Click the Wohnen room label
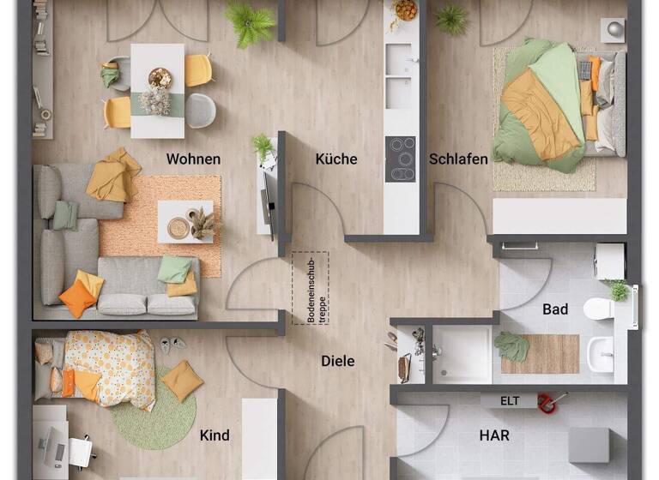click(193, 159)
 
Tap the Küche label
click(336, 159)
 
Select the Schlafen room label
click(458, 159)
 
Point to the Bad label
click(555, 309)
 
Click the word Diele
click(337, 361)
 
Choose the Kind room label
click(215, 435)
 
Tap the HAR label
click(494, 435)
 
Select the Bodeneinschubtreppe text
click(311, 288)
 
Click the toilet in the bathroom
click(598, 308)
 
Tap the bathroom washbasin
click(602, 353)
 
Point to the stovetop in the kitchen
click(401, 159)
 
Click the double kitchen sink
click(400, 75)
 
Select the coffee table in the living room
click(184, 222)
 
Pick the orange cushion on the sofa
click(78, 299)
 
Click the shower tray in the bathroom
click(462, 354)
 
